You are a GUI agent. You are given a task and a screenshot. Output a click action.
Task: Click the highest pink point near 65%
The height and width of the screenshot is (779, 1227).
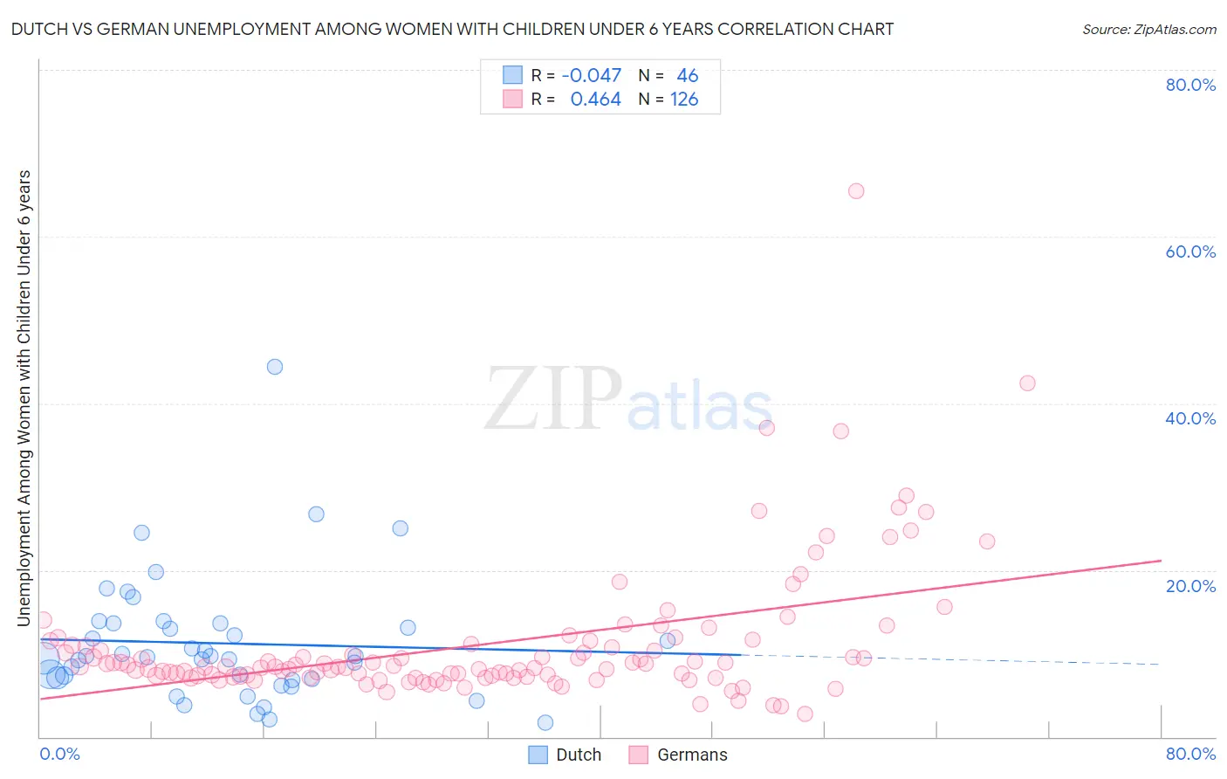coord(856,191)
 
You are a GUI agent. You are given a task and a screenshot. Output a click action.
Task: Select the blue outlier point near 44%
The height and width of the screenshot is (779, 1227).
coord(275,367)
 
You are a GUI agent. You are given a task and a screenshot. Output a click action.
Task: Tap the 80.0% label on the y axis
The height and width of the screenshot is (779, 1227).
coord(1190,85)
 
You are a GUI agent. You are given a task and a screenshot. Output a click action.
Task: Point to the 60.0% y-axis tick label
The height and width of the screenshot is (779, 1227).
coord(1190,252)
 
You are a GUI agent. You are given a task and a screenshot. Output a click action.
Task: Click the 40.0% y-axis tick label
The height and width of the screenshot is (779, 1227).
coord(1190,418)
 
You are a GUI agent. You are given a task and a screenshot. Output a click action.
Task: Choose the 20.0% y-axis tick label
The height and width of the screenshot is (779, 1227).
coord(1190,585)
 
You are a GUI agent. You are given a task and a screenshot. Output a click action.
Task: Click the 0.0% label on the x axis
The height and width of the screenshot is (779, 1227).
coord(59,754)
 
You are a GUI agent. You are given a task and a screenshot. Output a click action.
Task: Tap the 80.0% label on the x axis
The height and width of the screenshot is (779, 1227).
coord(1190,754)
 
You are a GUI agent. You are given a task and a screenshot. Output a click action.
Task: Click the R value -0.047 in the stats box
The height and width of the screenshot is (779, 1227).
coord(591,76)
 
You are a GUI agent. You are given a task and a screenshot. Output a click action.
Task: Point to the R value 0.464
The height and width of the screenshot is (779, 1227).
coord(595,100)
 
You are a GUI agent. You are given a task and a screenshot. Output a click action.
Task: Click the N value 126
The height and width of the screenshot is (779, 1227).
coord(684,100)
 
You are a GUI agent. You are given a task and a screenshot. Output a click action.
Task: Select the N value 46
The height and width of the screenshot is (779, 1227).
coord(688,76)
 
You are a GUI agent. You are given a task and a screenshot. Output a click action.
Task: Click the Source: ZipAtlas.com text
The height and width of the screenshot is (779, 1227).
coord(1148,29)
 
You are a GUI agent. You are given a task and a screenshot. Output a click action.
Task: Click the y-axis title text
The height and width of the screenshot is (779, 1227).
coord(24,397)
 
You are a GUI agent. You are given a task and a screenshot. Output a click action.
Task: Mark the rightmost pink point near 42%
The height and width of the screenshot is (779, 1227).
coord(1027,383)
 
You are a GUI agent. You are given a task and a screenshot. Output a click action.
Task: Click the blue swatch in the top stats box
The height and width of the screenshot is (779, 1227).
coord(512,76)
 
